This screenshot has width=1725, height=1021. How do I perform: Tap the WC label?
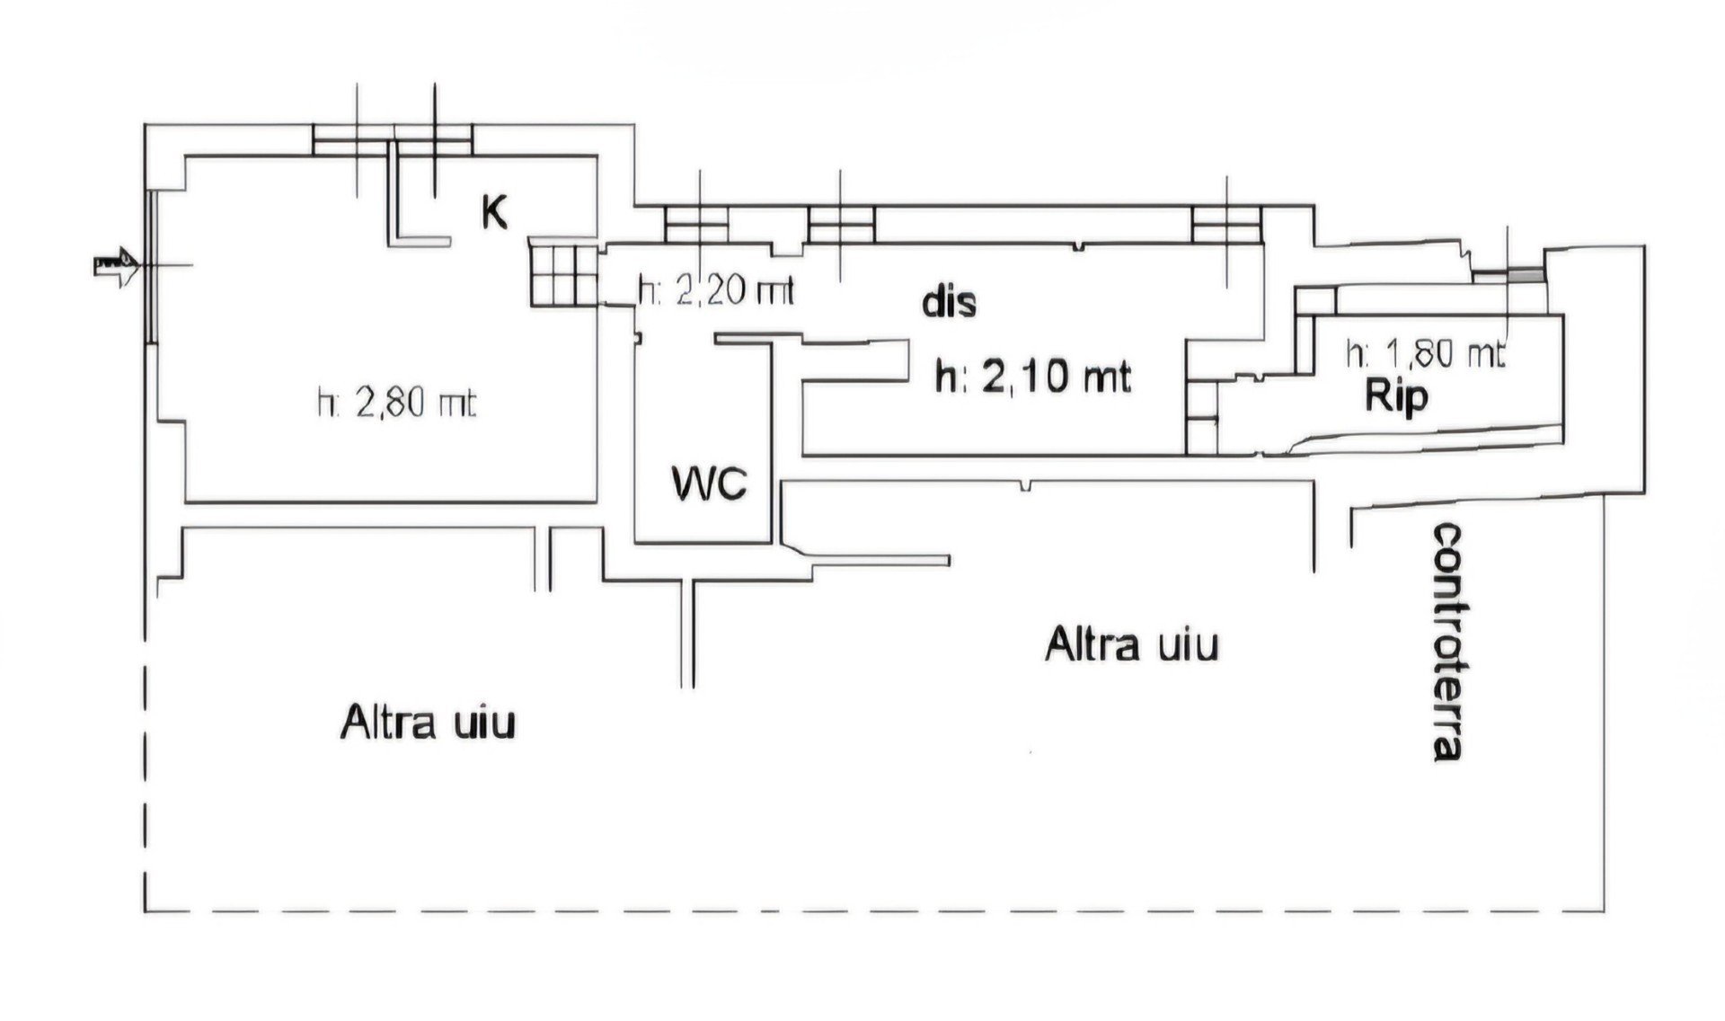710,484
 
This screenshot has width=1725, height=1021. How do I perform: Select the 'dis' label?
949,303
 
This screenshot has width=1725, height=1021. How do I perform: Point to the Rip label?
1396,396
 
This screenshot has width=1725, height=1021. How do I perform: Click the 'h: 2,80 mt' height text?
396,404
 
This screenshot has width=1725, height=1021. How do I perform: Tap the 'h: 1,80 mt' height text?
1425,353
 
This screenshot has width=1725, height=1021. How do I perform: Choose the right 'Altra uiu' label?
1131,644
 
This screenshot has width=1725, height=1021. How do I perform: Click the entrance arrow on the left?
115,266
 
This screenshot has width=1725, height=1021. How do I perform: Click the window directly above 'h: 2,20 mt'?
696,225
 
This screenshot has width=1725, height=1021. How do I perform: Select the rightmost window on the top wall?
1227,225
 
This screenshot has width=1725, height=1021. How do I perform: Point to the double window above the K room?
393,139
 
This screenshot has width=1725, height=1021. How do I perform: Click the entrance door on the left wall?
152,266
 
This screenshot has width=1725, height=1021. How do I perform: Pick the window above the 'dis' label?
841,225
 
